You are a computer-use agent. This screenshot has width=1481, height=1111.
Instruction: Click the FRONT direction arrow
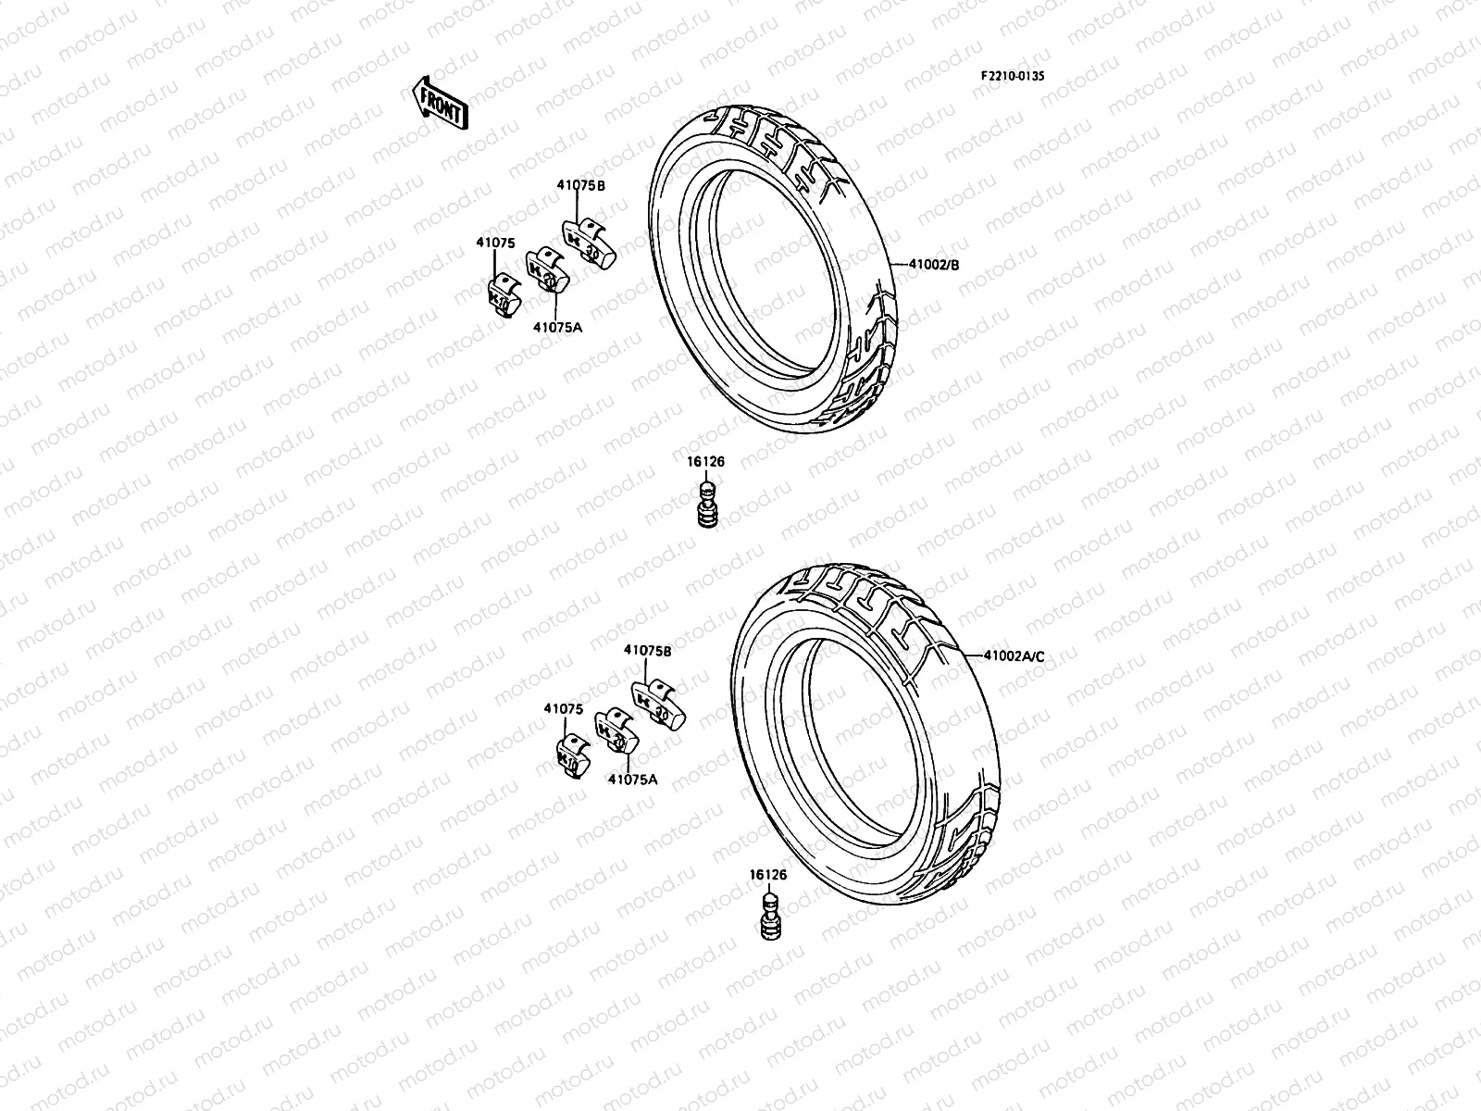pyautogui.click(x=440, y=101)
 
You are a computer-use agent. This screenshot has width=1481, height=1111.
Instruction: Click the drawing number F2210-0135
pyautogui.click(x=1013, y=78)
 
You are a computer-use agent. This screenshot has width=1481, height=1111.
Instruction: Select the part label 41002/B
pyautogui.click(x=930, y=265)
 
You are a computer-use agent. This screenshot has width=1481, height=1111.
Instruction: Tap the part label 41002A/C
pyautogui.click(x=1013, y=656)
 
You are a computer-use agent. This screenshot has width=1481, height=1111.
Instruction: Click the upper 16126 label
pyautogui.click(x=705, y=461)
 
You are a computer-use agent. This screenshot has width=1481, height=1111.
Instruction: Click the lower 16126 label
pyautogui.click(x=768, y=874)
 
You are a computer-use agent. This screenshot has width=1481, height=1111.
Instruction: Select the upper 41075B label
pyautogui.click(x=580, y=185)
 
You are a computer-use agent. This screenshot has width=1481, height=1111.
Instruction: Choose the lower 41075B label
pyautogui.click(x=647, y=650)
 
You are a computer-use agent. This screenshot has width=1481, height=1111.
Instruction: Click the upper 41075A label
pyautogui.click(x=556, y=326)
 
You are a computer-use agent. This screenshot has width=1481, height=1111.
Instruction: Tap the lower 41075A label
pyautogui.click(x=632, y=779)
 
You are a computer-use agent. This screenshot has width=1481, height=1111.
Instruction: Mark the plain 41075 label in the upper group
pyautogui.click(x=495, y=243)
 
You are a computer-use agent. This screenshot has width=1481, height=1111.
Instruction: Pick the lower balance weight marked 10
pyautogui.click(x=571, y=757)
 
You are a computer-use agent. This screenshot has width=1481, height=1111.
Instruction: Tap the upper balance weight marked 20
pyautogui.click(x=544, y=271)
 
